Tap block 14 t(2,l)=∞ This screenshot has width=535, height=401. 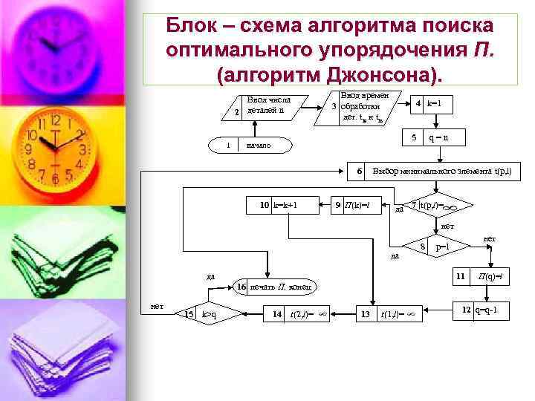click(297, 315)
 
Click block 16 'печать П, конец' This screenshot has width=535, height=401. click(282, 286)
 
